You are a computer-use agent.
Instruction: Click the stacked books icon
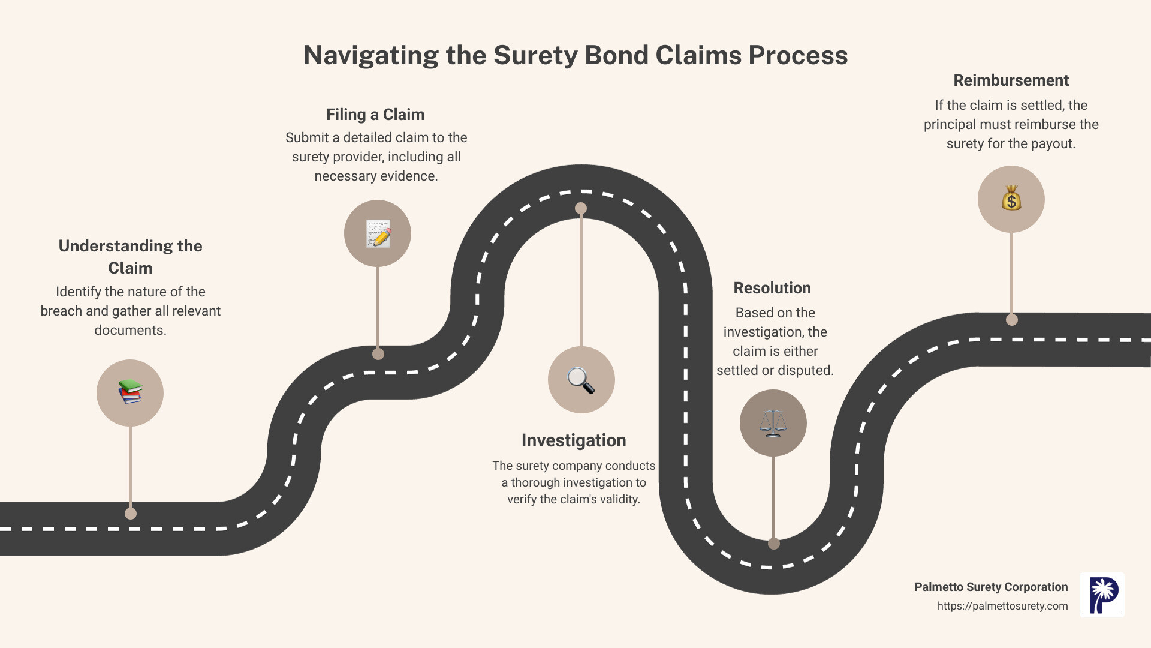tap(130, 392)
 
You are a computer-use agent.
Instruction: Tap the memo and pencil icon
tap(378, 233)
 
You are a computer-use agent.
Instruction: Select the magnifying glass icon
tap(581, 380)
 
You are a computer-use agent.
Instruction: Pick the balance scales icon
tap(773, 422)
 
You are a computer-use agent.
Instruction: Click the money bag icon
tap(1011, 199)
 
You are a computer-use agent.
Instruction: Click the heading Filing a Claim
tap(375, 115)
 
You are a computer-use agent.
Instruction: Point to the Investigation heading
tap(574, 440)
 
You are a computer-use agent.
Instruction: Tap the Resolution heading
tap(772, 288)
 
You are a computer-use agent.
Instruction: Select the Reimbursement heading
tap(1011, 80)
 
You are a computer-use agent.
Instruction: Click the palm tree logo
tap(1102, 595)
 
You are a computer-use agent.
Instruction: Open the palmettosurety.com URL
tap(1002, 606)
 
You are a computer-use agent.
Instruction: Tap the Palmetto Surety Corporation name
tap(991, 587)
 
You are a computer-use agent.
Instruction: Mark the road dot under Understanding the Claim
tap(131, 514)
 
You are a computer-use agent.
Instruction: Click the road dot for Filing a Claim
tap(378, 354)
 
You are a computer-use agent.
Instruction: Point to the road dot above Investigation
tap(581, 208)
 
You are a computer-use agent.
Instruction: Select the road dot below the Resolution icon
tap(774, 544)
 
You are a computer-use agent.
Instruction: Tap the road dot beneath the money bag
tap(1012, 320)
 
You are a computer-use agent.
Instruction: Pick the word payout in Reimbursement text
tap(1054, 143)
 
